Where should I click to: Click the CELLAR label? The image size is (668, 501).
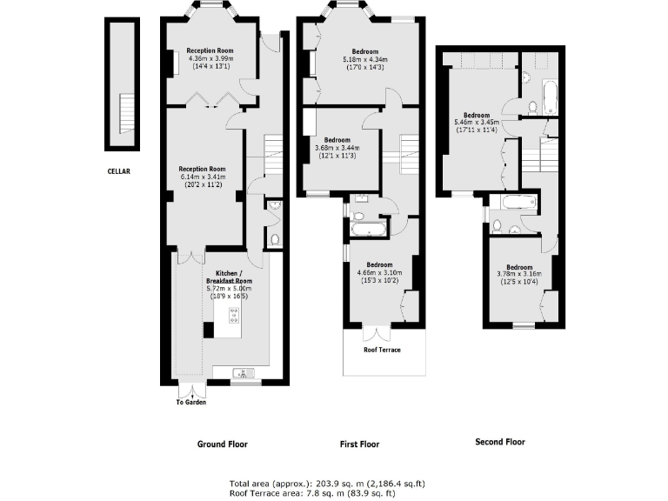118,171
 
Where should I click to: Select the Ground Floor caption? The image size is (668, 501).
222,444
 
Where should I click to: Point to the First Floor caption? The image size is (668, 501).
359,444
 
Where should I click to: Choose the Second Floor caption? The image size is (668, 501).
499,442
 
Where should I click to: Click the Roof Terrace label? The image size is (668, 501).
382,350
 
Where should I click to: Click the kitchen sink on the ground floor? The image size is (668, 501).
242,374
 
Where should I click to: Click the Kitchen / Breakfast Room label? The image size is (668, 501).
229,277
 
